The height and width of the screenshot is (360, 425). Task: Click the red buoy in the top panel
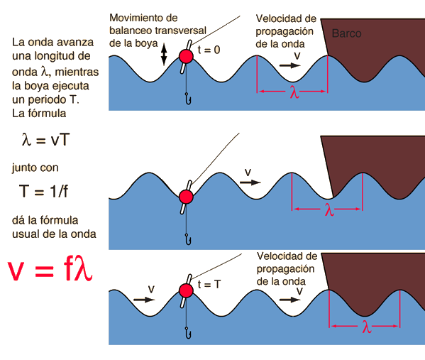coord(186,56)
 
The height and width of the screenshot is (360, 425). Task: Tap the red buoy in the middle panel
coord(186,197)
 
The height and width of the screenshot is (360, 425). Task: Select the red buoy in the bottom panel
coord(186,290)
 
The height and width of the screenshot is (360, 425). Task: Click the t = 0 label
coord(209,50)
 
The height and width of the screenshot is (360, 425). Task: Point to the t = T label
coord(209,284)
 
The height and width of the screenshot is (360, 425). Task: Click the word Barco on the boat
coord(346,33)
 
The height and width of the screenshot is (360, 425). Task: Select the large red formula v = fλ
coord(50,270)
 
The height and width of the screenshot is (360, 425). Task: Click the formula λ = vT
coord(45,140)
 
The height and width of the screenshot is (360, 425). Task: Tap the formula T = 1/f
coord(43,191)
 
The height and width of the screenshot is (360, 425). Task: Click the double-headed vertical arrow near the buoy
coord(164,54)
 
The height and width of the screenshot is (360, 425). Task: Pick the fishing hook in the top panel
coord(188,99)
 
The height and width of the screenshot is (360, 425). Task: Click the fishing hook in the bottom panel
coord(188,333)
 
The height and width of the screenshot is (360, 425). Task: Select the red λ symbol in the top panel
coord(294,92)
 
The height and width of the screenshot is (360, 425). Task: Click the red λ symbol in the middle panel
coord(329,209)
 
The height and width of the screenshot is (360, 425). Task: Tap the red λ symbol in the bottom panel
coord(366,327)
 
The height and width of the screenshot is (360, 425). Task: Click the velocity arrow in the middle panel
coord(250,182)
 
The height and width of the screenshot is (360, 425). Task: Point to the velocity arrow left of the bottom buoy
coord(144,300)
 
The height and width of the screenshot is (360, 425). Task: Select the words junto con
coord(35,168)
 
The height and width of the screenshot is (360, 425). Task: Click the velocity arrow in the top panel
coord(290,65)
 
